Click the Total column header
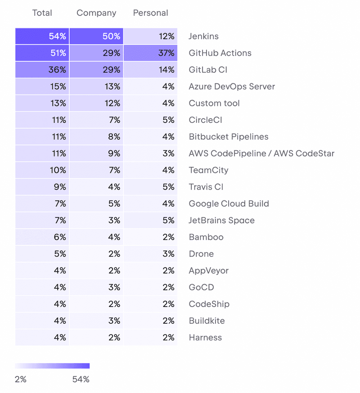point(42,13)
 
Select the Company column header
point(96,13)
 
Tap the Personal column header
point(150,13)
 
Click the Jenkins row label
point(203,36)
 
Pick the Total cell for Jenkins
point(42,36)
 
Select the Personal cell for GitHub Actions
point(150,53)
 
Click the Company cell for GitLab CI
point(96,70)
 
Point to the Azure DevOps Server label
point(232,86)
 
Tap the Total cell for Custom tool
point(42,103)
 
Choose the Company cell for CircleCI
point(96,120)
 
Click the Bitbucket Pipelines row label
point(229,137)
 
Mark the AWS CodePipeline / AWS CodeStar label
point(261,154)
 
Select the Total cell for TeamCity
point(42,170)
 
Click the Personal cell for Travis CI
point(150,187)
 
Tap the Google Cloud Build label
point(229,203)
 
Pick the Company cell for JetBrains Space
point(96,220)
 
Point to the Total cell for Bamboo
point(42,237)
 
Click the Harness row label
point(205,338)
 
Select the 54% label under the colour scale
point(81,379)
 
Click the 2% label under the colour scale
point(21,379)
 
